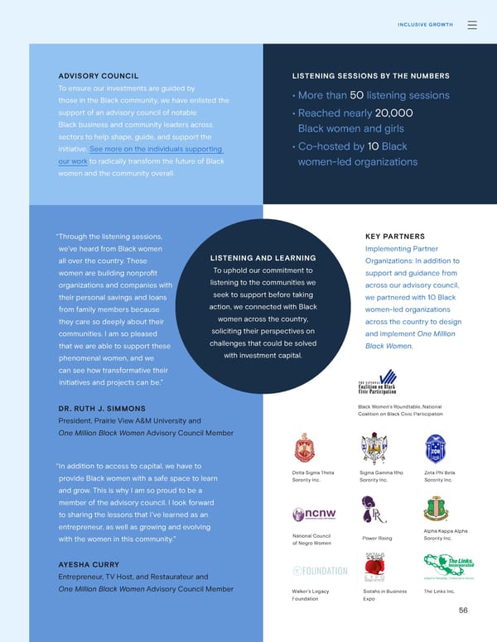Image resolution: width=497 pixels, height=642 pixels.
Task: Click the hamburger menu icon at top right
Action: [472, 25]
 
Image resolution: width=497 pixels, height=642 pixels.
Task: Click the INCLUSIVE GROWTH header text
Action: [425, 25]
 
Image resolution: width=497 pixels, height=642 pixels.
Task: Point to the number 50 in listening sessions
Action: [357, 96]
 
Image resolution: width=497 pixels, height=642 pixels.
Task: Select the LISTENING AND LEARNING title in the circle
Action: [263, 258]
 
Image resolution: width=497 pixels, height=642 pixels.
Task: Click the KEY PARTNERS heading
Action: [394, 236]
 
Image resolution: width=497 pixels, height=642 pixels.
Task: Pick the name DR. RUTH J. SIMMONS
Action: [102, 409]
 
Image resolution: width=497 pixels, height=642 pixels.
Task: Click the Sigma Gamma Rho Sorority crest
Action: [374, 448]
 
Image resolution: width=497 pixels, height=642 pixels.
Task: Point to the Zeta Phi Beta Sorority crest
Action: [435, 448]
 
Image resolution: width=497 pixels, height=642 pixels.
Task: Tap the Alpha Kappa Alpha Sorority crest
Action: [436, 509]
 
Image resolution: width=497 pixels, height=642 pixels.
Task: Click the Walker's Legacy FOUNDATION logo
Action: [320, 572]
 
